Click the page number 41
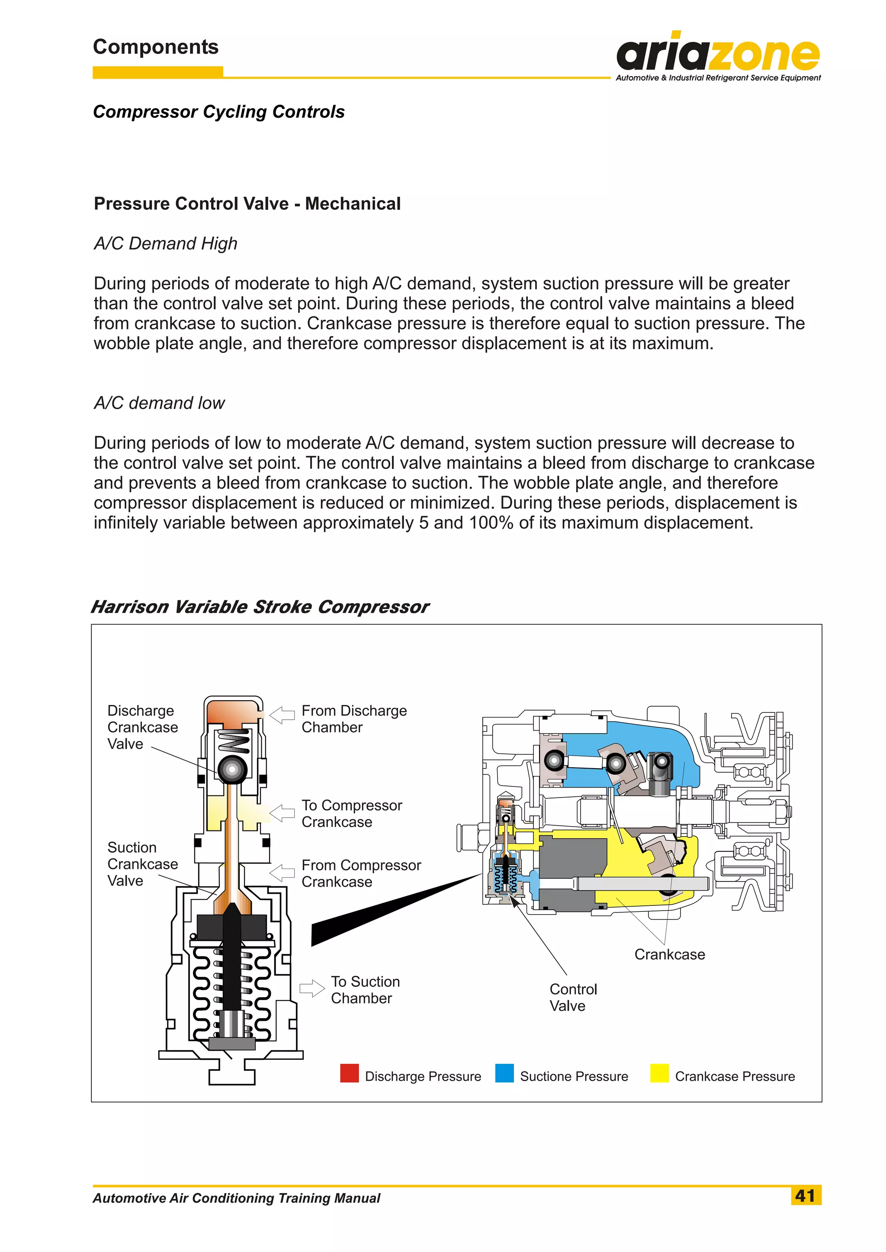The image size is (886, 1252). pyautogui.click(x=805, y=1195)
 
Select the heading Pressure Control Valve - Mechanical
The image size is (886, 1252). pyautogui.click(x=247, y=203)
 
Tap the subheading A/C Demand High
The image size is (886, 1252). pyautogui.click(x=165, y=243)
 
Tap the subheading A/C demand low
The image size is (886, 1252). pyautogui.click(x=159, y=403)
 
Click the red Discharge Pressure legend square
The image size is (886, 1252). pyautogui.click(x=349, y=1073)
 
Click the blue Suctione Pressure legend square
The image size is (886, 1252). pyautogui.click(x=504, y=1073)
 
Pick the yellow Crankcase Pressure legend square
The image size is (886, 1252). pyautogui.click(x=659, y=1073)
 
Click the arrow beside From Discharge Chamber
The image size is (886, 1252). pyautogui.click(x=282, y=715)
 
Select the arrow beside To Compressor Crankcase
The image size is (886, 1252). pyautogui.click(x=282, y=813)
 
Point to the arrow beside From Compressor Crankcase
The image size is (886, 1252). pyautogui.click(x=282, y=873)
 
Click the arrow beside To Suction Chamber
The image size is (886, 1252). pyautogui.click(x=312, y=988)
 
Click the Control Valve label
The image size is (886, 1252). pyautogui.click(x=573, y=997)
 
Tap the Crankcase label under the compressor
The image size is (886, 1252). pyautogui.click(x=669, y=955)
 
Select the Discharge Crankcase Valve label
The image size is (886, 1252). pyautogui.click(x=142, y=727)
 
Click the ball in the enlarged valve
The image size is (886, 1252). pyautogui.click(x=232, y=769)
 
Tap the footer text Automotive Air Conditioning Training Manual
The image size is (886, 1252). pyautogui.click(x=236, y=1198)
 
